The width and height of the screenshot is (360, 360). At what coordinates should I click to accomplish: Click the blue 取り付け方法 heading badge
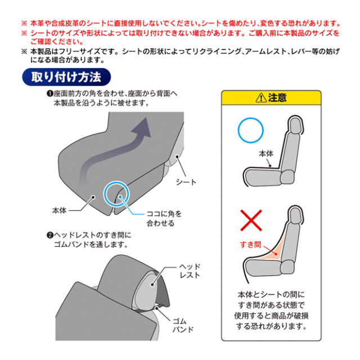click(66, 77)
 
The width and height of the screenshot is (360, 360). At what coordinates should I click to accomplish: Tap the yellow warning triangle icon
click(261, 98)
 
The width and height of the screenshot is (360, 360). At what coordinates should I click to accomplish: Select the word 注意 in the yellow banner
click(277, 98)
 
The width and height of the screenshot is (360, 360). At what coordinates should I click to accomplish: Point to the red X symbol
click(251, 220)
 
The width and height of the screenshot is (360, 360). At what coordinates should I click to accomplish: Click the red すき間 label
click(250, 245)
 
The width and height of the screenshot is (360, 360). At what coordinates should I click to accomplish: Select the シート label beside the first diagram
click(186, 182)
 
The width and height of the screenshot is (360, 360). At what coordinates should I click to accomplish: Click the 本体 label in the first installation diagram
click(60, 210)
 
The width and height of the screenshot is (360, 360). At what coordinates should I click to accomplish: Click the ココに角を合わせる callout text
click(164, 218)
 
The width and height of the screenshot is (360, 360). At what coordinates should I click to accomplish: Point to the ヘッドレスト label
click(190, 271)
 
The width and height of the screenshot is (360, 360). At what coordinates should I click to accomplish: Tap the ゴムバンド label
click(183, 326)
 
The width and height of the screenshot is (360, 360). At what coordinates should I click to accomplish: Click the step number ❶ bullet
click(50, 94)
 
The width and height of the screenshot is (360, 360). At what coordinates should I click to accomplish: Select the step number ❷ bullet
click(50, 235)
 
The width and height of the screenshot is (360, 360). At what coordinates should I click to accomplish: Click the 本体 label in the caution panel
click(266, 154)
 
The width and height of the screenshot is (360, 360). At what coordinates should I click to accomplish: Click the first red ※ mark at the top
click(24, 24)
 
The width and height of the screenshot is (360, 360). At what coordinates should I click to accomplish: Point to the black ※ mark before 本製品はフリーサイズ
click(24, 51)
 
